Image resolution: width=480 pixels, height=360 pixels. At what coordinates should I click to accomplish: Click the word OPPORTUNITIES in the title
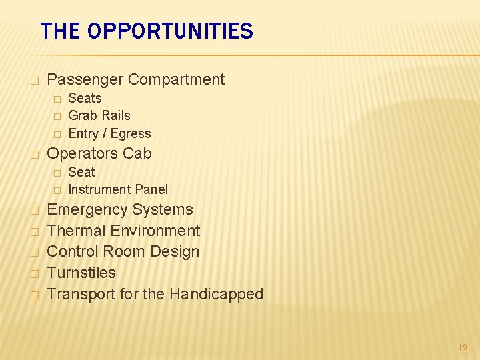[170, 31]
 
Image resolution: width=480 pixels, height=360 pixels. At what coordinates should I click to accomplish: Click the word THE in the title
[61, 31]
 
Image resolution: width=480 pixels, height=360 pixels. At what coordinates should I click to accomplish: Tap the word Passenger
[85, 79]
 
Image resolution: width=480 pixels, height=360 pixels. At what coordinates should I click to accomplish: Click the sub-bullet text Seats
[85, 98]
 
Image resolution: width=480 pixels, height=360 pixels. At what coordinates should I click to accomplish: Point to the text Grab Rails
[99, 115]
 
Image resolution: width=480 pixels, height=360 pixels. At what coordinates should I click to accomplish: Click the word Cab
[137, 153]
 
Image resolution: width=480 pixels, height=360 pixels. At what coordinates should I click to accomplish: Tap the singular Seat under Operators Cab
[81, 171]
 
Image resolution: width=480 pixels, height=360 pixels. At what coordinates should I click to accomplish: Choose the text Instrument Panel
[118, 189]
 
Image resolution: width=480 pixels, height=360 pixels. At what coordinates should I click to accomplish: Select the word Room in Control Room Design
[128, 251]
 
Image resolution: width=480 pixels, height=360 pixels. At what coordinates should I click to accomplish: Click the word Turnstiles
[81, 273]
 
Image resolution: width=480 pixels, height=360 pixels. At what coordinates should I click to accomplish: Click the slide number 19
[463, 347]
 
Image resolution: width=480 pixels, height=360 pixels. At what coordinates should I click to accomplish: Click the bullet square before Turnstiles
[34, 273]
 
